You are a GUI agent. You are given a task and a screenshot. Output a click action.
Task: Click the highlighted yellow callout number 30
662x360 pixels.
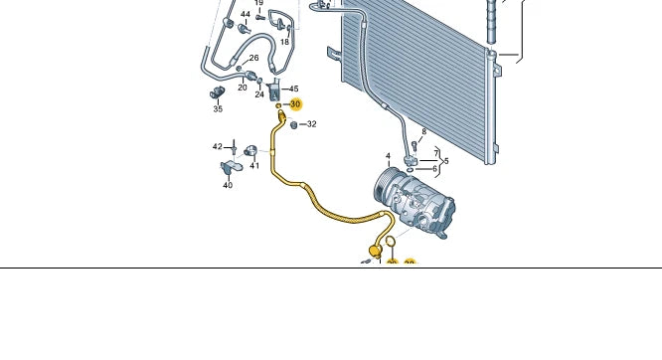coord(295,104)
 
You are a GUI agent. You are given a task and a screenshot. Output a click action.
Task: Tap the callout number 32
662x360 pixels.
coord(311,124)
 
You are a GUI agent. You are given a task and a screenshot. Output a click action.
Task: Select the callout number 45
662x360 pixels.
coord(293,90)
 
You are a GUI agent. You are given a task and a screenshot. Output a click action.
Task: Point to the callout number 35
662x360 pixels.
coord(218,108)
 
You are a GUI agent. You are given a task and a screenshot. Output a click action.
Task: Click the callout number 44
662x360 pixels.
coord(245,15)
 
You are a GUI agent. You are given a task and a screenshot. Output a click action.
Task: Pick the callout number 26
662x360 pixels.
coord(253,58)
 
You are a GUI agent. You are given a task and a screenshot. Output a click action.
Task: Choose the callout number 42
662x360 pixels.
coord(218,146)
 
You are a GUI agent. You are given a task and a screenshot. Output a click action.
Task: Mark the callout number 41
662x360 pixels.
coord(254,166)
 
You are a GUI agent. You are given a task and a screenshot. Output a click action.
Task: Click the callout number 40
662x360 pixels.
coord(227,185)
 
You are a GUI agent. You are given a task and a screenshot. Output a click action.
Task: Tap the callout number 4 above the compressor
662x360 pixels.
coord(389,156)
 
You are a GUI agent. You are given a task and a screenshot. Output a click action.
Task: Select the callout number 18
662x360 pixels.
coord(284,42)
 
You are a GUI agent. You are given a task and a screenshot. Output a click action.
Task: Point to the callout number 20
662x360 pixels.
coord(242,88)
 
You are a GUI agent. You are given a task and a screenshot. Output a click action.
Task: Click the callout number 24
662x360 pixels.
coord(259,94)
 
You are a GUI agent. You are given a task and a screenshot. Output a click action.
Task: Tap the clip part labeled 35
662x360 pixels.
coord(216,93)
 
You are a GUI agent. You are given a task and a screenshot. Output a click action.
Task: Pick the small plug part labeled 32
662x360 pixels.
coord(294,124)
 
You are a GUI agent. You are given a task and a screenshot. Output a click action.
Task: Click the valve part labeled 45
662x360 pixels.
coord(274,88)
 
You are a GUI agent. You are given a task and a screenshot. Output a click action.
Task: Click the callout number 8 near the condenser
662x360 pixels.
coord(423,131)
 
